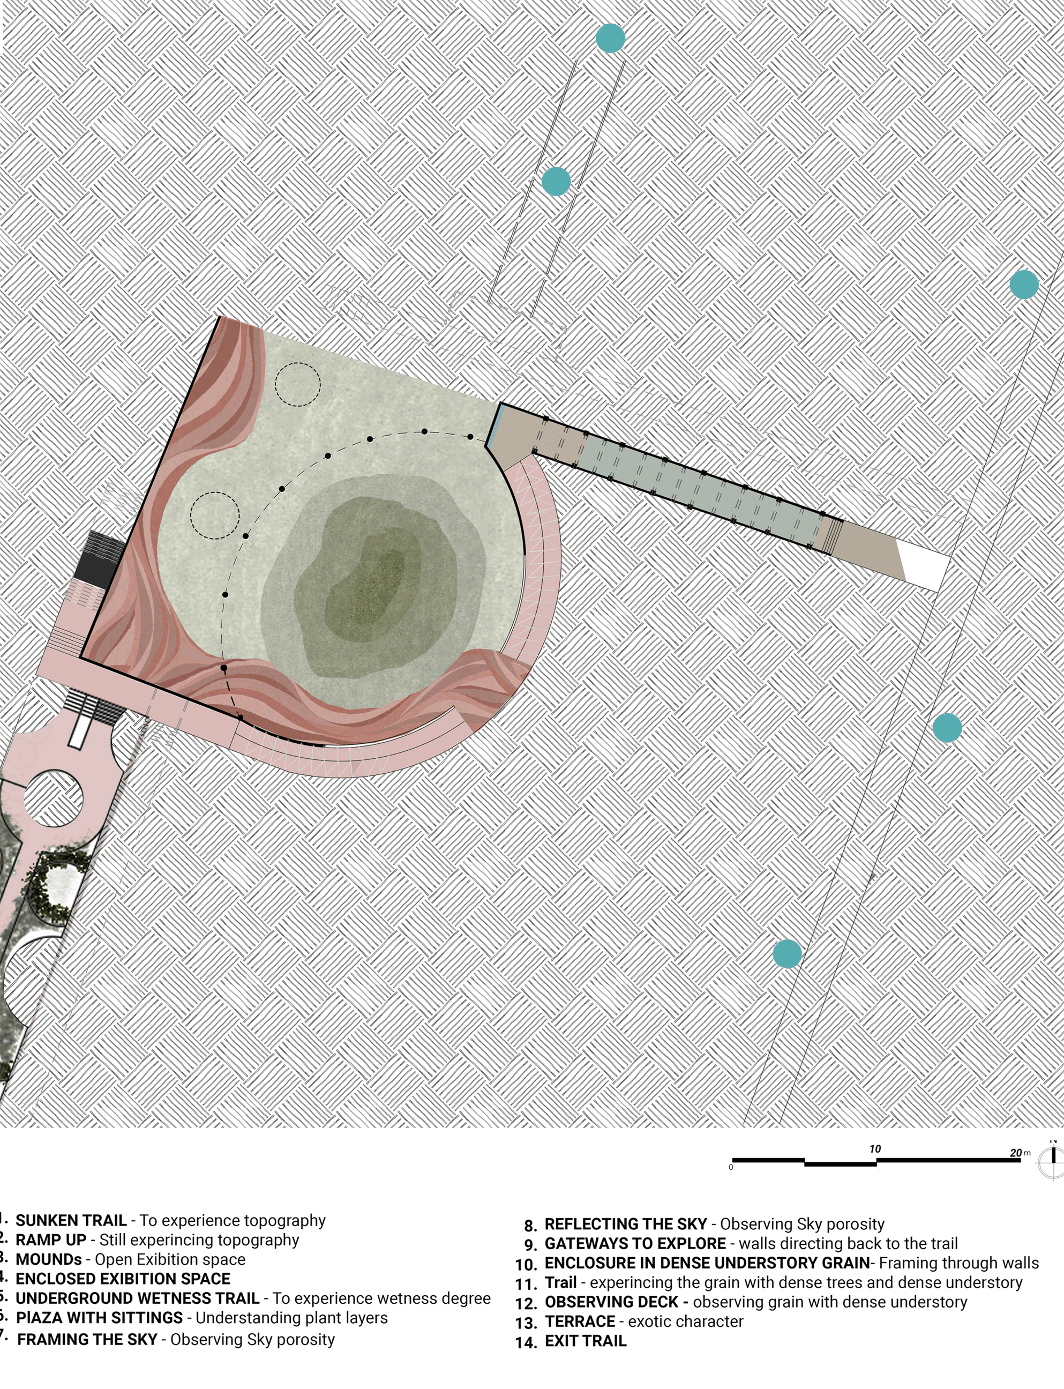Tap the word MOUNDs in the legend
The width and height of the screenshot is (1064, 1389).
coord(49,1259)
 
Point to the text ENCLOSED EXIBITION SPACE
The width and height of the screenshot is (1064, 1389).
coord(123,1279)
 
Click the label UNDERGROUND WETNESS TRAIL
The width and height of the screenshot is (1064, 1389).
coord(138,1298)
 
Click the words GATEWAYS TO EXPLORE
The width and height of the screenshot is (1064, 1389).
coord(635,1243)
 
